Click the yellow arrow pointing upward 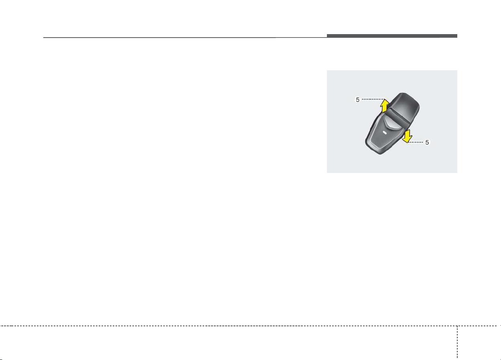[384, 106]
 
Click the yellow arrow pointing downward [407, 136]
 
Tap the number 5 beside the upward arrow [358, 100]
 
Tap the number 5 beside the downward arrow [427, 142]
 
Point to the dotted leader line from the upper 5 [373, 99]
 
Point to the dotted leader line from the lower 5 [415, 142]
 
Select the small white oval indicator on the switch [384, 132]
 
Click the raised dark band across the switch [398, 117]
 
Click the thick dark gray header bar [392, 36]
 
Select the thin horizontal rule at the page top [185, 38]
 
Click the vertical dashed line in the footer [457, 342]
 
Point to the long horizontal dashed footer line [250, 326]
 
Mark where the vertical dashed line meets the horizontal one [457, 326]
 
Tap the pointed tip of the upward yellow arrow [384, 99]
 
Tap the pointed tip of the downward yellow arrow [407, 142]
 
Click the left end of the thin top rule [43, 38]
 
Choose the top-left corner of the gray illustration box [327, 70]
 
